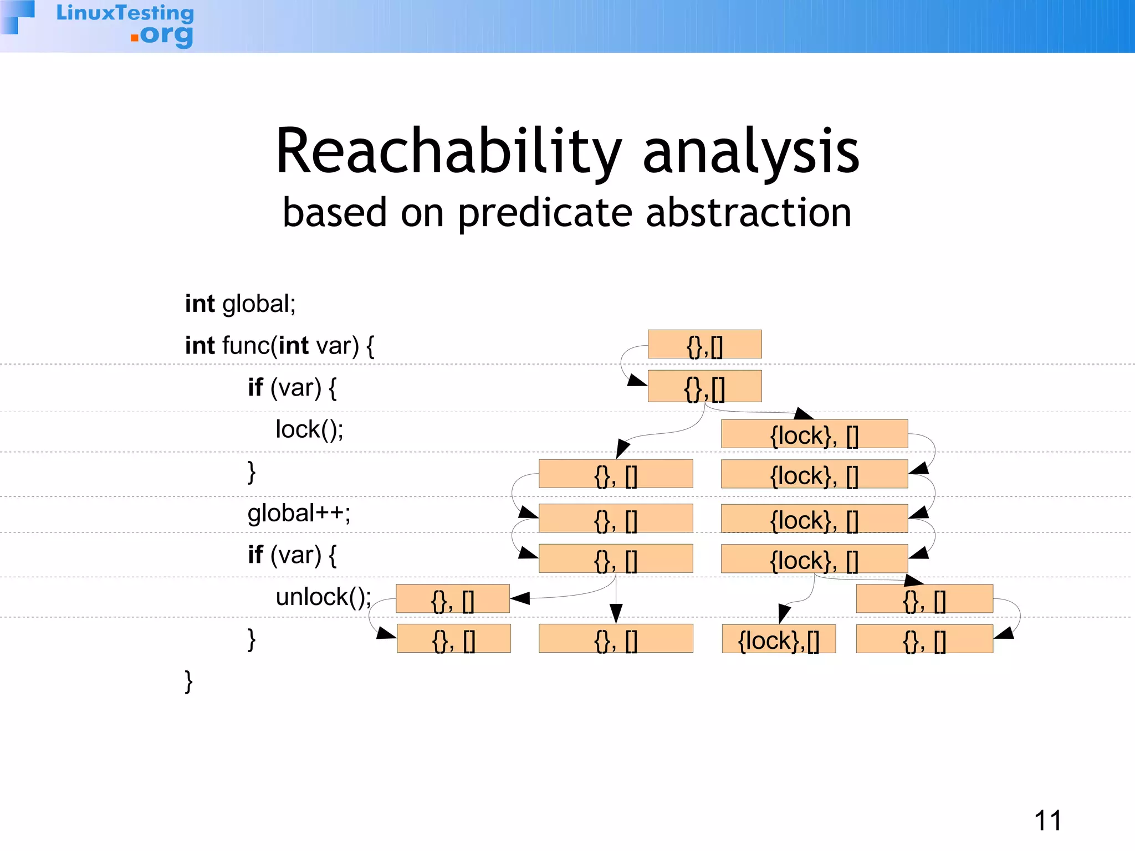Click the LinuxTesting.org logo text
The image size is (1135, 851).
(x=125, y=24)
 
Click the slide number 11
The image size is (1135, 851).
(x=1047, y=821)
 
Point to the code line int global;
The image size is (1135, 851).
(x=240, y=304)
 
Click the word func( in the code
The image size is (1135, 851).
(x=249, y=346)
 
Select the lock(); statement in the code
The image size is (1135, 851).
(x=309, y=429)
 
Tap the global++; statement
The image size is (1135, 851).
(x=299, y=513)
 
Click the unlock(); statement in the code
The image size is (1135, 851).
(x=324, y=597)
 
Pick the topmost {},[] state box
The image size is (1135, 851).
(x=704, y=345)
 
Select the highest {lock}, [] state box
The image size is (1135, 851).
(x=814, y=434)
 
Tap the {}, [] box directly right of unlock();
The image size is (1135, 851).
(x=453, y=599)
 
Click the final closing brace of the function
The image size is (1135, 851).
(x=188, y=681)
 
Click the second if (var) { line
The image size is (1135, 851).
(x=292, y=555)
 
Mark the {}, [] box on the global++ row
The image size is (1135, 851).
(x=616, y=519)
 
